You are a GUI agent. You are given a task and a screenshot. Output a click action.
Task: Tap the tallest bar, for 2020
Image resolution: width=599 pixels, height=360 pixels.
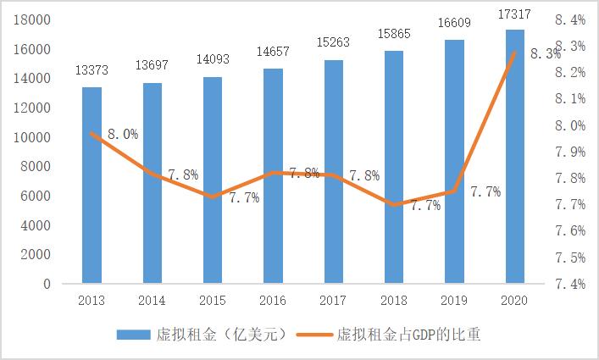515,156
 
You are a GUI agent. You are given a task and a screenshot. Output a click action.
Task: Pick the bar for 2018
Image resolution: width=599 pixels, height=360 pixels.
394,166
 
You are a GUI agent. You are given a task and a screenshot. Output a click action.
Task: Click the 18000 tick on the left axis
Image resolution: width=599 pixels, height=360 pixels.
33,19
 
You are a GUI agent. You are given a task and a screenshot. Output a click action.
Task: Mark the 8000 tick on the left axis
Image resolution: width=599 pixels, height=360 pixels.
36,167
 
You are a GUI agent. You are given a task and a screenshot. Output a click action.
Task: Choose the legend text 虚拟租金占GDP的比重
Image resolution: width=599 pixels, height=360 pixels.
408,335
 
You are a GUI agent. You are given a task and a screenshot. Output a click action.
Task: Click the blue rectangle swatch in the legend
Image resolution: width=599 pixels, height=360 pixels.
135,335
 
